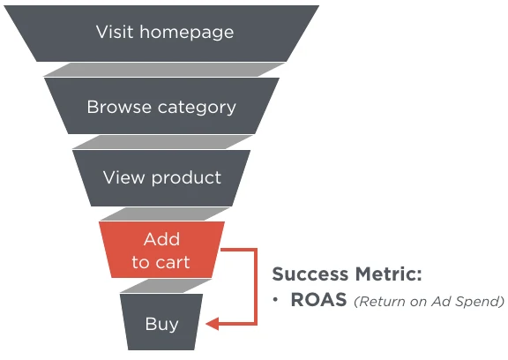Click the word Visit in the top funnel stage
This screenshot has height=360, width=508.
[x=115, y=32]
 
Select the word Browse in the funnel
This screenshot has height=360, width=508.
[x=119, y=107]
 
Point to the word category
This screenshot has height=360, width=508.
[x=197, y=109]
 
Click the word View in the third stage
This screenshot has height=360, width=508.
[x=123, y=177]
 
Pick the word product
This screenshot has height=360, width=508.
[x=186, y=178]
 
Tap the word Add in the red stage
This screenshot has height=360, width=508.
[x=161, y=239]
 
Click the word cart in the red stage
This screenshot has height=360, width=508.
[x=172, y=262]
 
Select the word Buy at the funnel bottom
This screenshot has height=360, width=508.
[x=161, y=325]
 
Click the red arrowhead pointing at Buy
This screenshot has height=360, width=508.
[x=213, y=324]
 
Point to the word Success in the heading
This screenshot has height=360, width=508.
[x=310, y=274]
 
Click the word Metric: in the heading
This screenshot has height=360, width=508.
[x=388, y=274]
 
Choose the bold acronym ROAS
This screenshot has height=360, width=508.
[x=318, y=300]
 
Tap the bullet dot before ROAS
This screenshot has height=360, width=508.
[x=275, y=300]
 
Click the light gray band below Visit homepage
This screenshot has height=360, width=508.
[x=164, y=70]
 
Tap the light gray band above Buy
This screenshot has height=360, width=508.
[x=166, y=286]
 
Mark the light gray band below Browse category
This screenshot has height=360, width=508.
[x=162, y=142]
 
